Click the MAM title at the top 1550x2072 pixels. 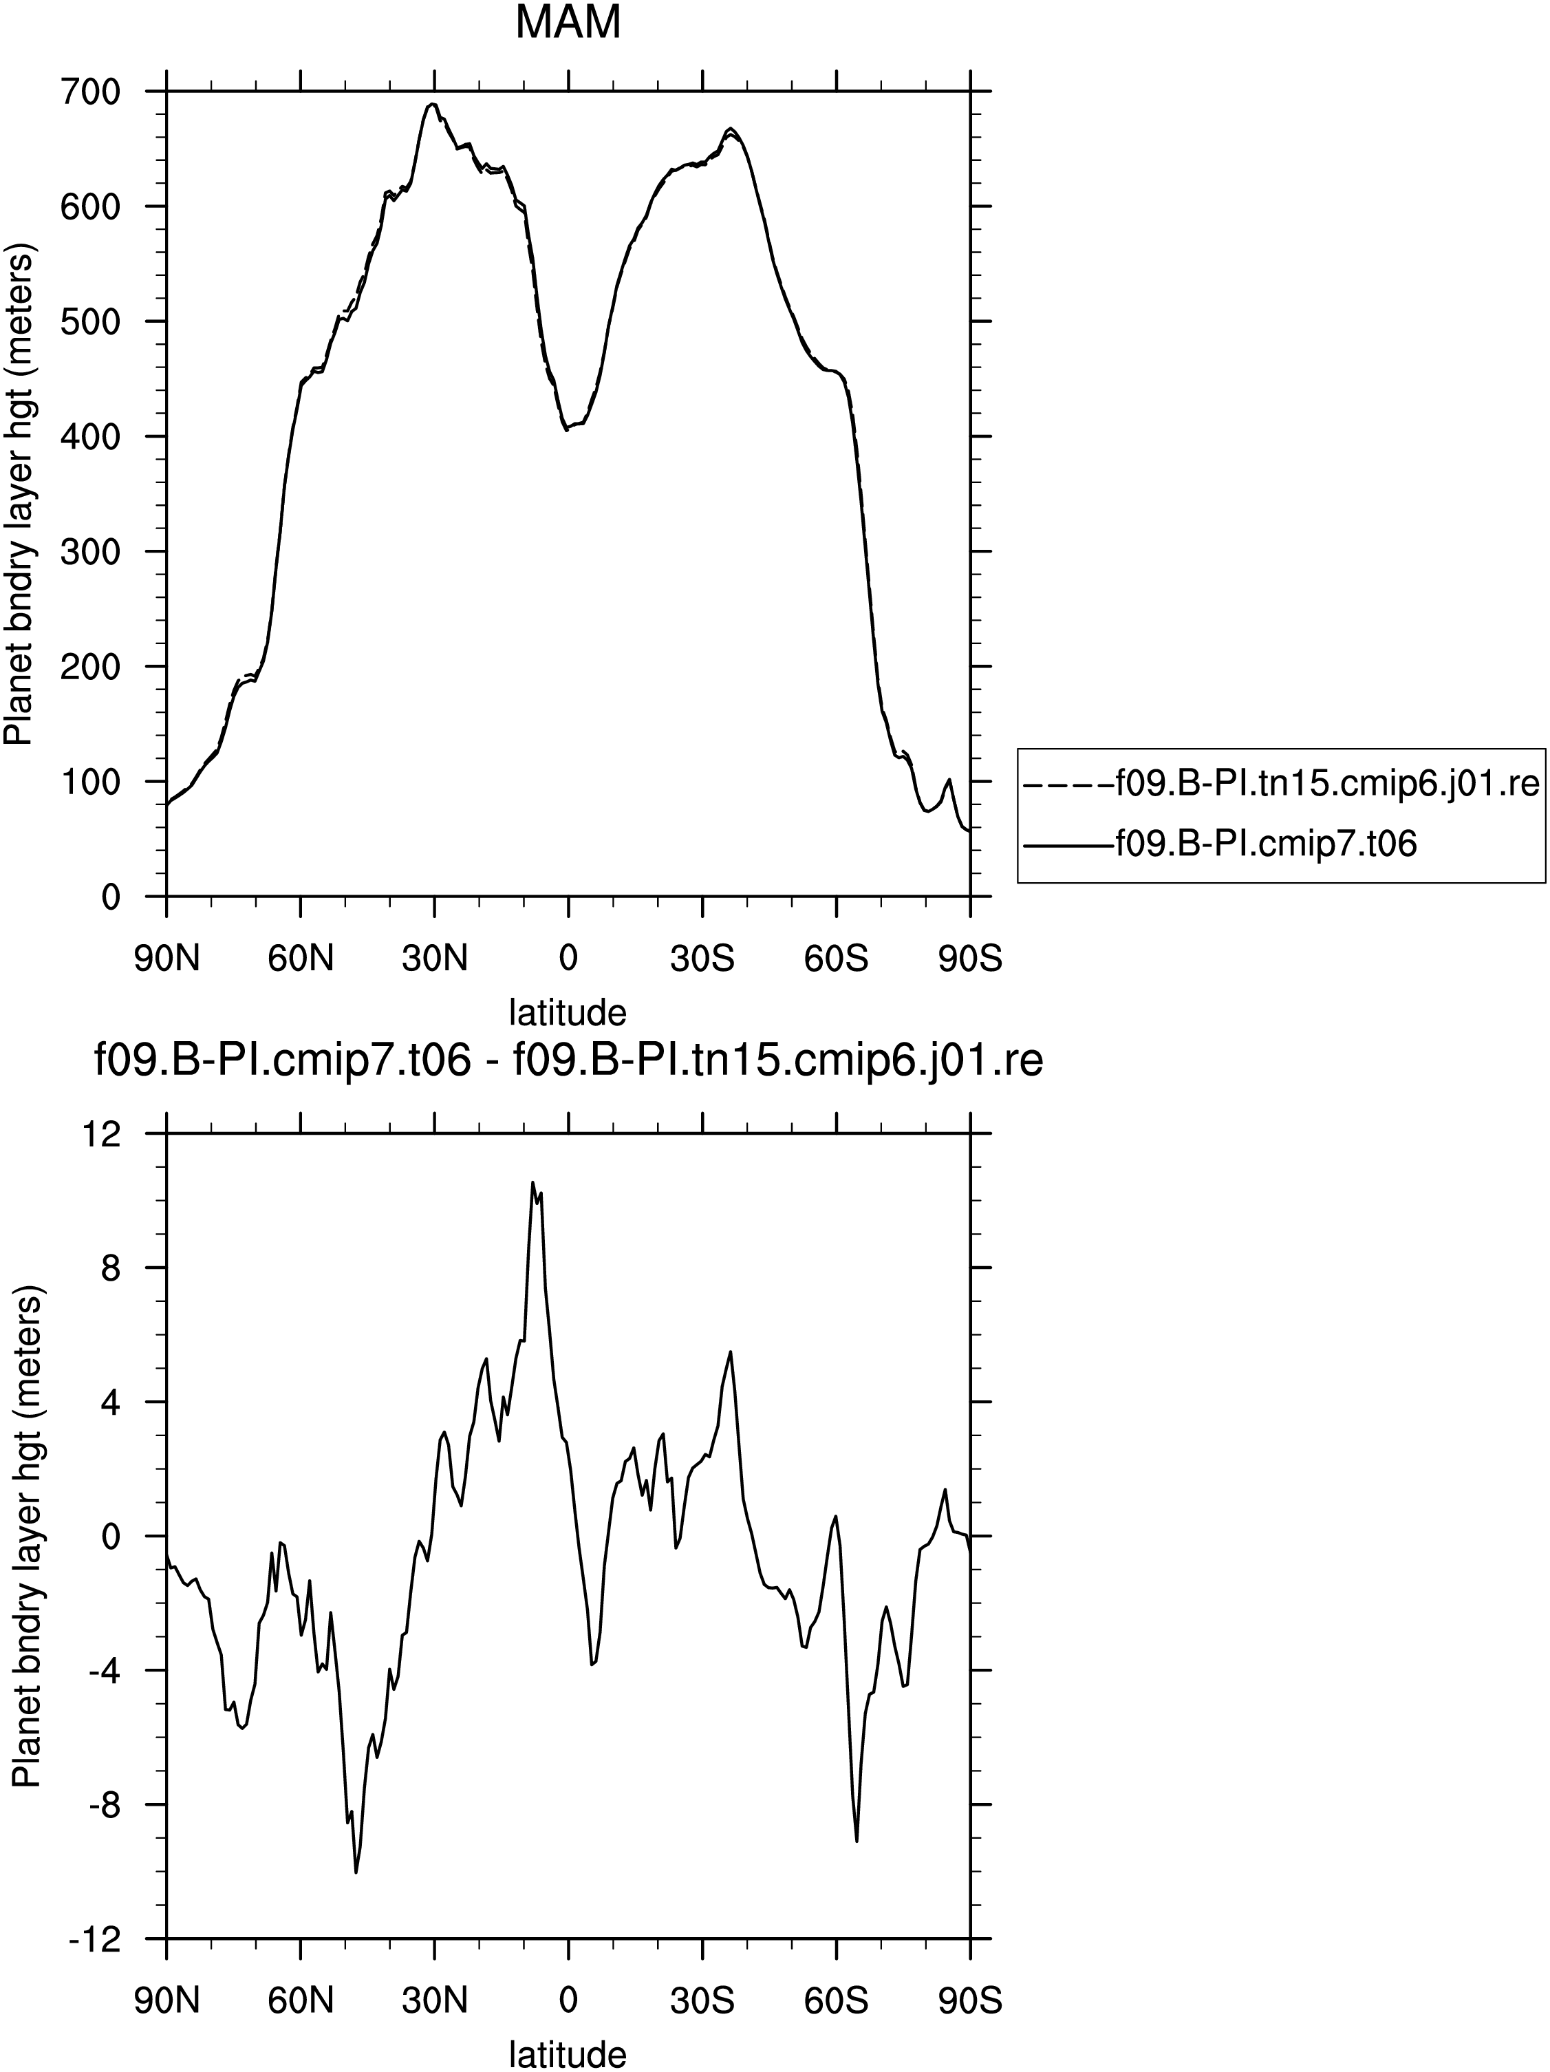[x=568, y=23]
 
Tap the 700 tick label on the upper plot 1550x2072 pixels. [x=91, y=92]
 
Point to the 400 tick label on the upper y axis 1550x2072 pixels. [x=91, y=436]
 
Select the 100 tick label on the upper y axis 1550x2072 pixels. [x=91, y=781]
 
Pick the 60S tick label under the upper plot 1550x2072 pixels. [x=835, y=959]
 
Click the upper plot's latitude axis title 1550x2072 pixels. [x=568, y=1012]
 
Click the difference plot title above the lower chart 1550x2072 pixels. [x=568, y=1062]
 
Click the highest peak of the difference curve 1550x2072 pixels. [x=532, y=1182]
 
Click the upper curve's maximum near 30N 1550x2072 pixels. [x=432, y=104]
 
